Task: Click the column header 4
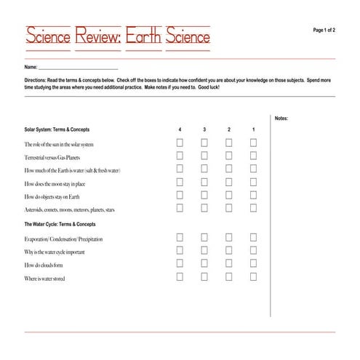point(180,130)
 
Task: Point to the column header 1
point(253,130)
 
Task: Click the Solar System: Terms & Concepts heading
point(55,130)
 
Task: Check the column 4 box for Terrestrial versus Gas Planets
point(180,156)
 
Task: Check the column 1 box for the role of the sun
point(253,143)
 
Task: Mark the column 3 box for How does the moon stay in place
point(204,183)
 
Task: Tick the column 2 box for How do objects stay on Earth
point(229,196)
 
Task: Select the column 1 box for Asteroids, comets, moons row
point(253,209)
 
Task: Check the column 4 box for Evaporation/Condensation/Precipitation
point(180,238)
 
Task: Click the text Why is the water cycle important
point(55,252)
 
